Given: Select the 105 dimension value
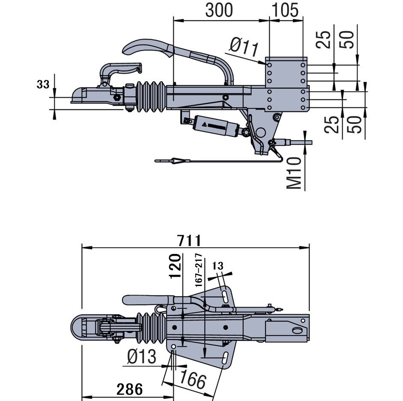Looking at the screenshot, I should click(x=286, y=10).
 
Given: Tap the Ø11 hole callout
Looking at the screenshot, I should click(x=244, y=47).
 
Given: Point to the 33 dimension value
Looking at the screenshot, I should click(x=43, y=84).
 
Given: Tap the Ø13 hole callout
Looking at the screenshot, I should click(x=142, y=356).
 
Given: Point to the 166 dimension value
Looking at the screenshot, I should click(x=192, y=379).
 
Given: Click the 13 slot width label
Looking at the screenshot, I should click(x=218, y=266).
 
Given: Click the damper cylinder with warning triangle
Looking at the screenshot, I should click(x=216, y=126).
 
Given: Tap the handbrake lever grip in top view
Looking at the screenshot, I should click(x=146, y=300).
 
